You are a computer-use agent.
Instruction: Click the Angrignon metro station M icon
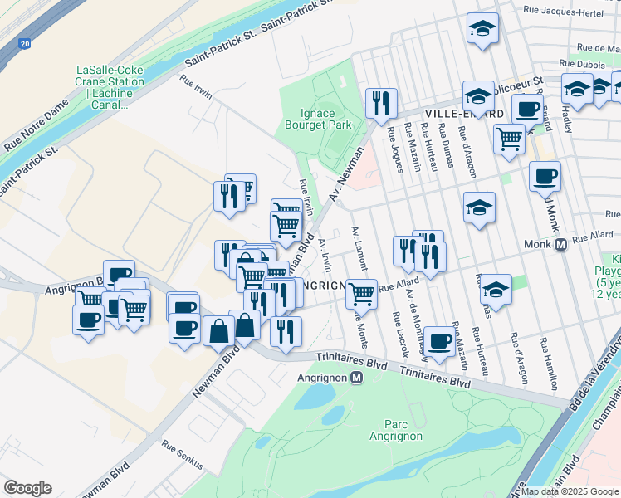click(x=357, y=378)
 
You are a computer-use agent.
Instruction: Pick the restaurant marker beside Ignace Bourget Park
click(x=381, y=103)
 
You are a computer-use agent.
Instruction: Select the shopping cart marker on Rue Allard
click(x=361, y=293)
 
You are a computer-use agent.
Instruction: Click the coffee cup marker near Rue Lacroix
click(x=439, y=339)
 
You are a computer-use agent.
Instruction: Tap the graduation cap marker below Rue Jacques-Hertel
click(x=483, y=29)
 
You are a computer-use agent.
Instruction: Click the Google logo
click(x=27, y=488)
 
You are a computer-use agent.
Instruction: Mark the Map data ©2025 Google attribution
click(x=570, y=491)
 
